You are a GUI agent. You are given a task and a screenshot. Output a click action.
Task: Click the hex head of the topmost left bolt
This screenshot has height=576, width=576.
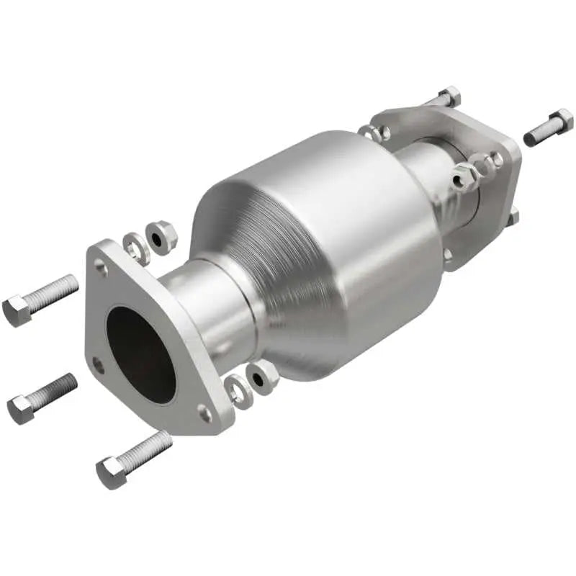coord(16,310)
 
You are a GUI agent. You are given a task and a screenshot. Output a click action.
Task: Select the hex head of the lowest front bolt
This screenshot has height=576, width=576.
coord(109,473)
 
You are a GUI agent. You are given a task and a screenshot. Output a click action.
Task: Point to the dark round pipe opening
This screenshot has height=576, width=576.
coord(140,354)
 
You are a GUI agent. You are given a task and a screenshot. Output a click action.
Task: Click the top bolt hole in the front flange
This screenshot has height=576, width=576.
coord(102,269)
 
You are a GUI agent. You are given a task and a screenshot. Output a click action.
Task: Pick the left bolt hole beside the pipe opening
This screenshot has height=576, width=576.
coord(98,365)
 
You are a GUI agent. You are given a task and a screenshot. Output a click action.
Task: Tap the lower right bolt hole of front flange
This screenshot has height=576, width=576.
coord(205,413)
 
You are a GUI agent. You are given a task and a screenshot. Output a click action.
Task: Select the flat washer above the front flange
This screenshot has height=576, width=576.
coord(136,247)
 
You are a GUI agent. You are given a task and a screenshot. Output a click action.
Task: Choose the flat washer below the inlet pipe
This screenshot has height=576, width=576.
coord(238,391)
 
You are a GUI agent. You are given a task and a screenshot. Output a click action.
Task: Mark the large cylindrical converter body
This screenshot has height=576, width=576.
coord(324,245)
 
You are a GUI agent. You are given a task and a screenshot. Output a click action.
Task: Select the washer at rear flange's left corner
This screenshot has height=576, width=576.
coord(374,132)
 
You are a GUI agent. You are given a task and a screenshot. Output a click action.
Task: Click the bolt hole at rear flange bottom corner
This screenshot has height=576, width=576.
coord(449,253)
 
